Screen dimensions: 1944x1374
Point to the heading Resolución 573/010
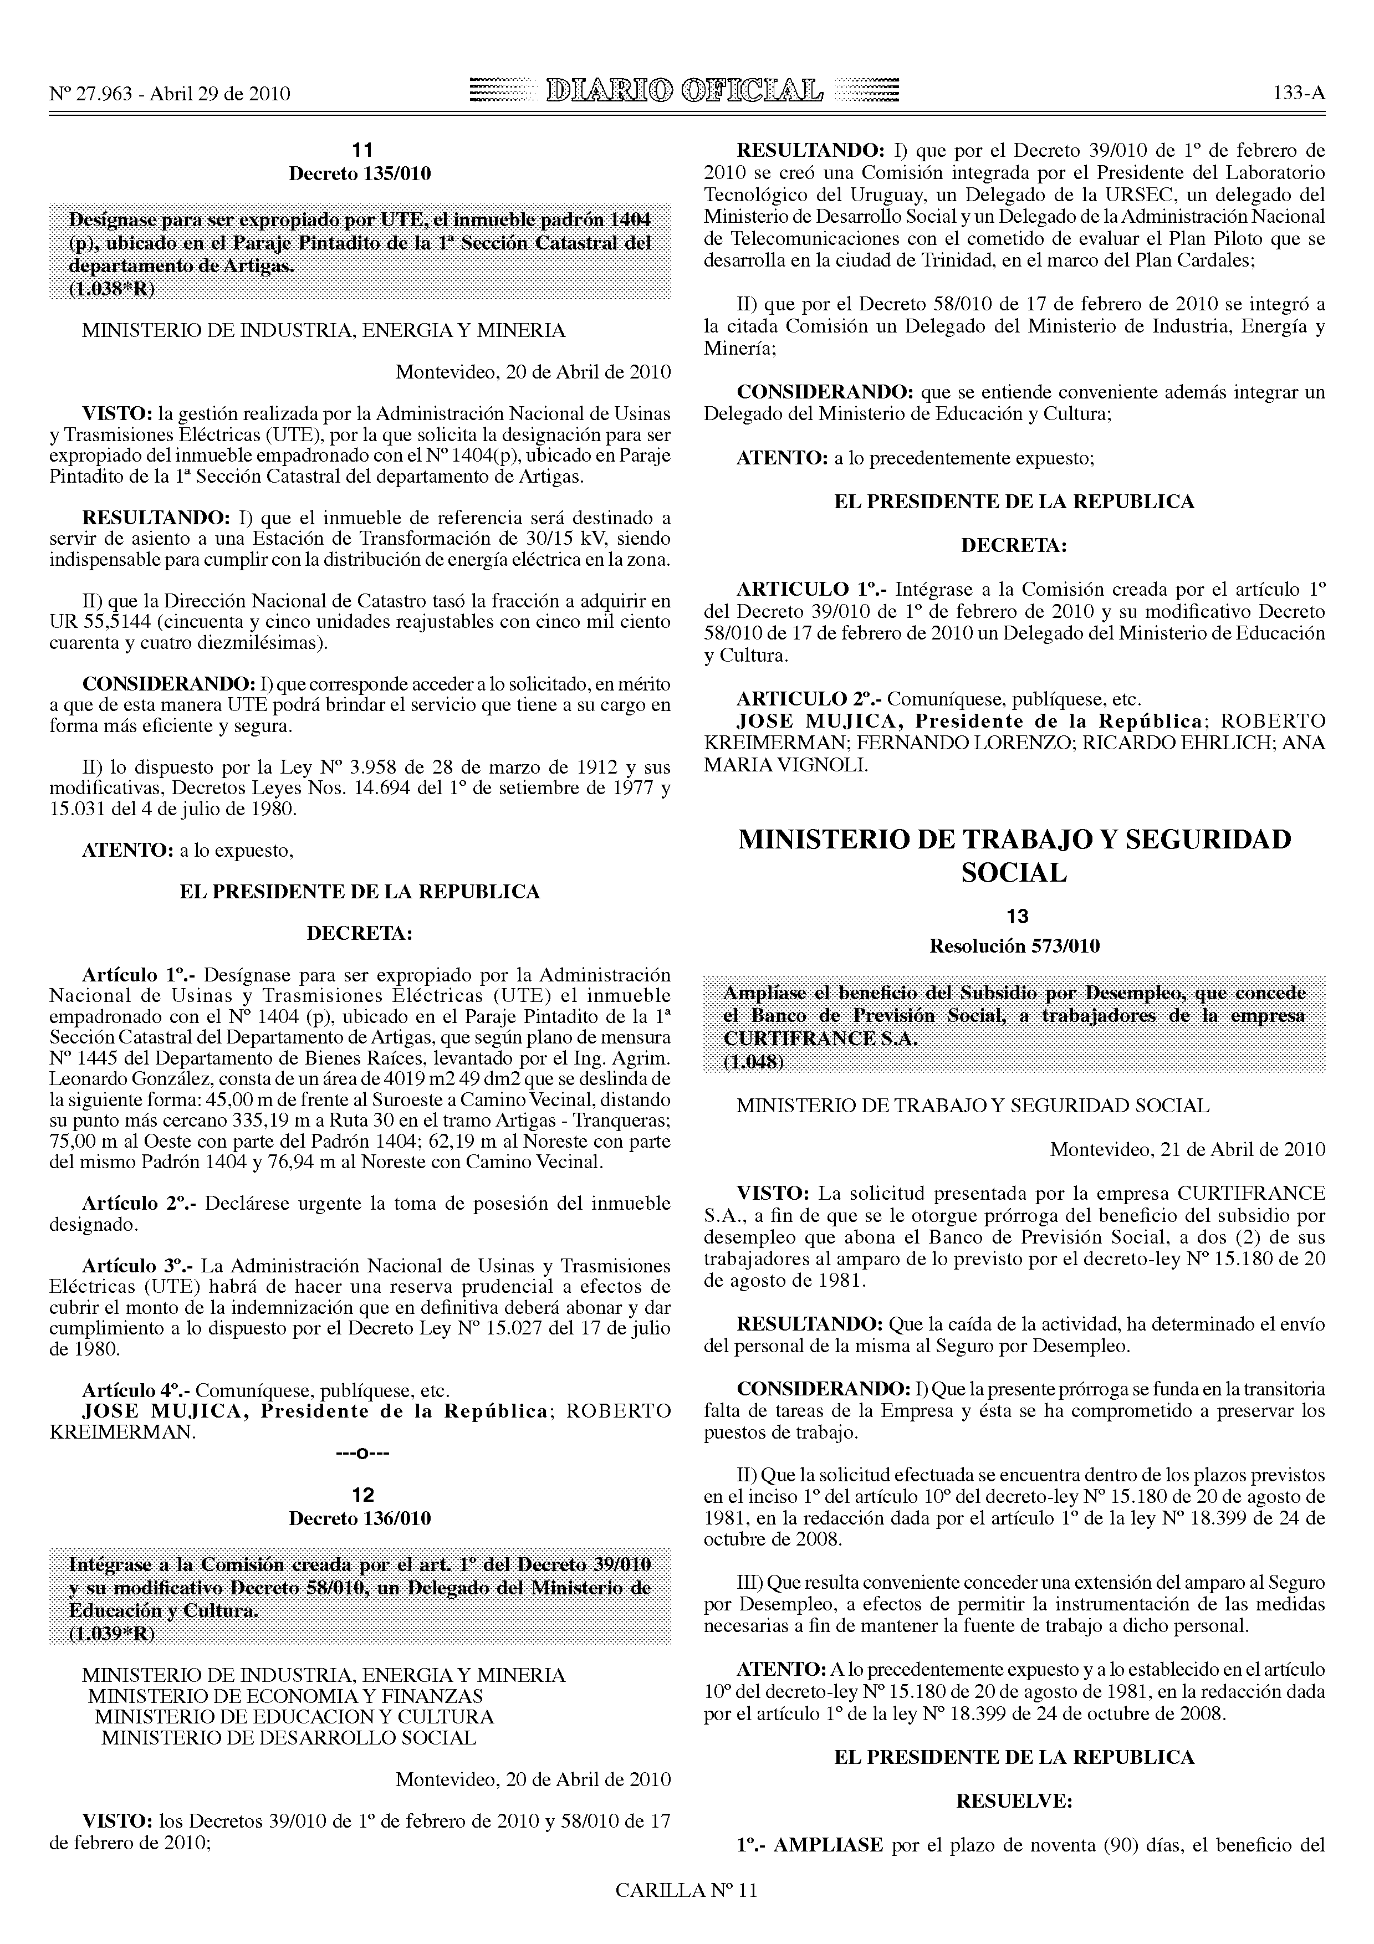tap(1014, 946)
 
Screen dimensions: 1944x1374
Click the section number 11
tap(361, 151)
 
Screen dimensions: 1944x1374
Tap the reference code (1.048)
tap(753, 1062)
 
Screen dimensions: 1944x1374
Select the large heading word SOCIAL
tap(1014, 873)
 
